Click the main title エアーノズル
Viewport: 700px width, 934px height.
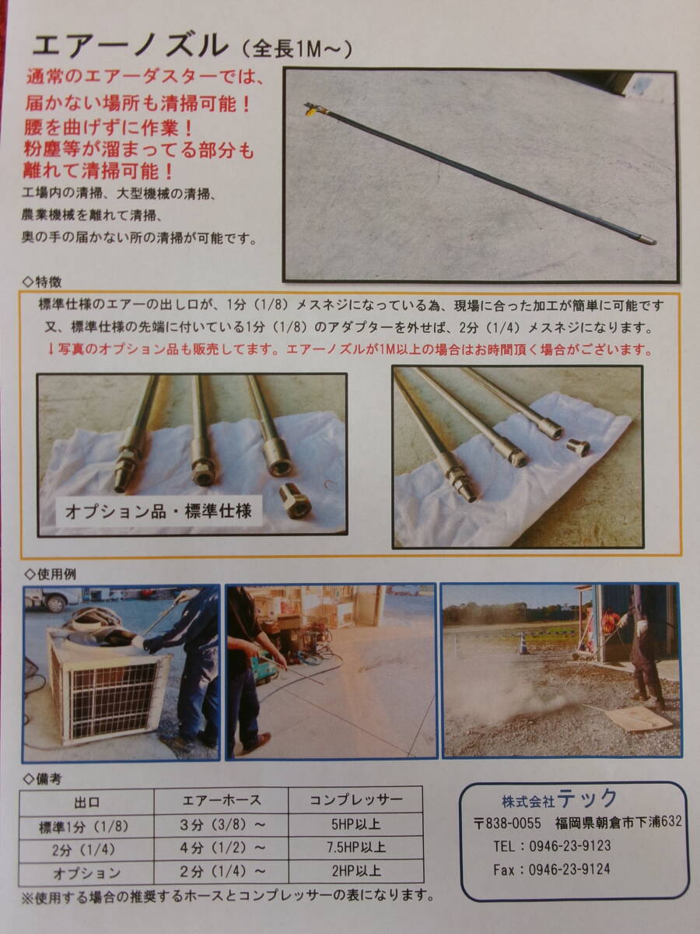130,46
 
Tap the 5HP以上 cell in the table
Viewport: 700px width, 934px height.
355,824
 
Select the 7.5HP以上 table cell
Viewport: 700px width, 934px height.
355,847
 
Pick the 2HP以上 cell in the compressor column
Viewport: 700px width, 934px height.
355,871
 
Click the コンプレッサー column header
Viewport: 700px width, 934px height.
355,799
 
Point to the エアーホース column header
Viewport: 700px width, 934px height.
221,800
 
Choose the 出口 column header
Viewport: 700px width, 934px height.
86,802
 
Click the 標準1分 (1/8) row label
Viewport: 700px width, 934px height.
84,827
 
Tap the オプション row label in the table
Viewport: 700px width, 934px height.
86,873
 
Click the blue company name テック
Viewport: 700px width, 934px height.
587,798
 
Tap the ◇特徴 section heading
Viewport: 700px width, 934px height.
42,282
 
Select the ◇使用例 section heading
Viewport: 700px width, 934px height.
50,574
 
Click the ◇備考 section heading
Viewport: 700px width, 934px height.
43,778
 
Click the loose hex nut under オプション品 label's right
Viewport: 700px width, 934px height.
295,502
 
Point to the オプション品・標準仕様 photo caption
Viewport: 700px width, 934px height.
159,511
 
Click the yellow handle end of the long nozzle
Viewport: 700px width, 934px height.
313,111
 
